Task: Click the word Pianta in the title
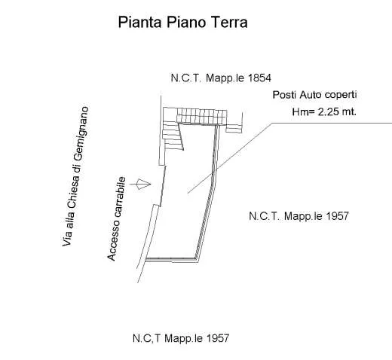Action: tap(139, 22)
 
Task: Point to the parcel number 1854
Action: tap(259, 78)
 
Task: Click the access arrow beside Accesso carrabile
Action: tap(140, 184)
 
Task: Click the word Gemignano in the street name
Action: tap(82, 133)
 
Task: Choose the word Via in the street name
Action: tap(67, 239)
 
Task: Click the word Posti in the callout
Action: tap(284, 95)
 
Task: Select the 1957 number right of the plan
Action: tap(337, 216)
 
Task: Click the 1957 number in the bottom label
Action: tap(217, 338)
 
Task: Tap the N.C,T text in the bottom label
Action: tap(146, 338)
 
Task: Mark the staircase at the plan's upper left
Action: tap(173, 136)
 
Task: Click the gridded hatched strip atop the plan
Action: tap(202, 116)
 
